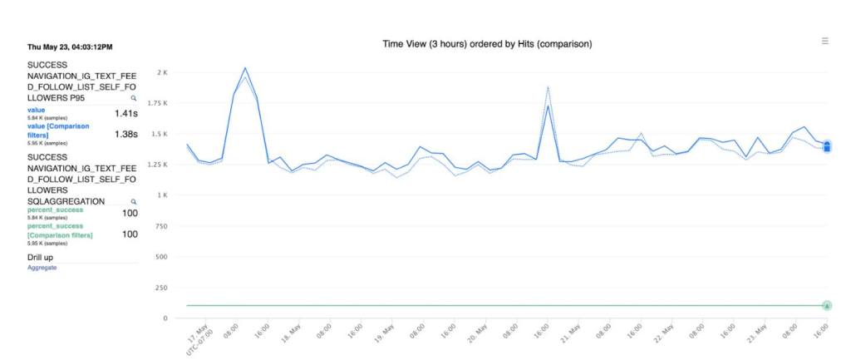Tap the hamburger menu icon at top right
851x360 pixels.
click(x=824, y=41)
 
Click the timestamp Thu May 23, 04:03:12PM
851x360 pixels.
click(x=70, y=47)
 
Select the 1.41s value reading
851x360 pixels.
click(x=126, y=113)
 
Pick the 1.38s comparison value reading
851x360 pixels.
click(x=126, y=134)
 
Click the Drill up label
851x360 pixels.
click(x=43, y=259)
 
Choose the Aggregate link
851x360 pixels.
click(x=42, y=268)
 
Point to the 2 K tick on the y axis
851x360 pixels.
click(x=162, y=72)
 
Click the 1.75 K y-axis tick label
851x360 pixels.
click(x=157, y=103)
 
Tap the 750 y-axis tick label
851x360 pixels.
click(x=161, y=226)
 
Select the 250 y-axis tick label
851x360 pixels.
click(x=161, y=288)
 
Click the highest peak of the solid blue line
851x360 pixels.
click(x=245, y=68)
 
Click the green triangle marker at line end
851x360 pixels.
click(x=827, y=306)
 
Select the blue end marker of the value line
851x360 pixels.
click(x=827, y=145)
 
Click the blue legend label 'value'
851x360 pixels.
click(x=37, y=110)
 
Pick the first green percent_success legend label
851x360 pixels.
click(x=55, y=210)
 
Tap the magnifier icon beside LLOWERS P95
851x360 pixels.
click(x=133, y=98)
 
